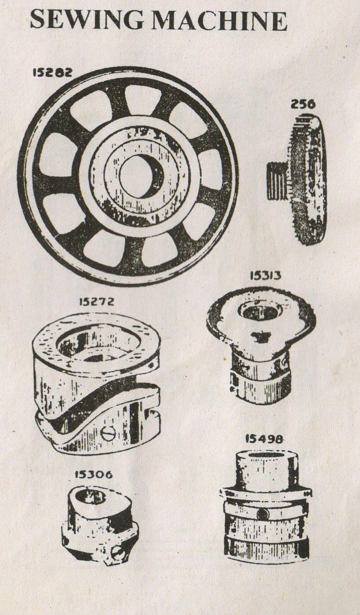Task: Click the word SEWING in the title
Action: tap(87, 20)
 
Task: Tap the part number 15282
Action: tap(52, 72)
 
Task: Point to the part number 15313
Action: tap(265, 276)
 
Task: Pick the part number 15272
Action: tap(96, 302)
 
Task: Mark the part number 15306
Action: tap(94, 475)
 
